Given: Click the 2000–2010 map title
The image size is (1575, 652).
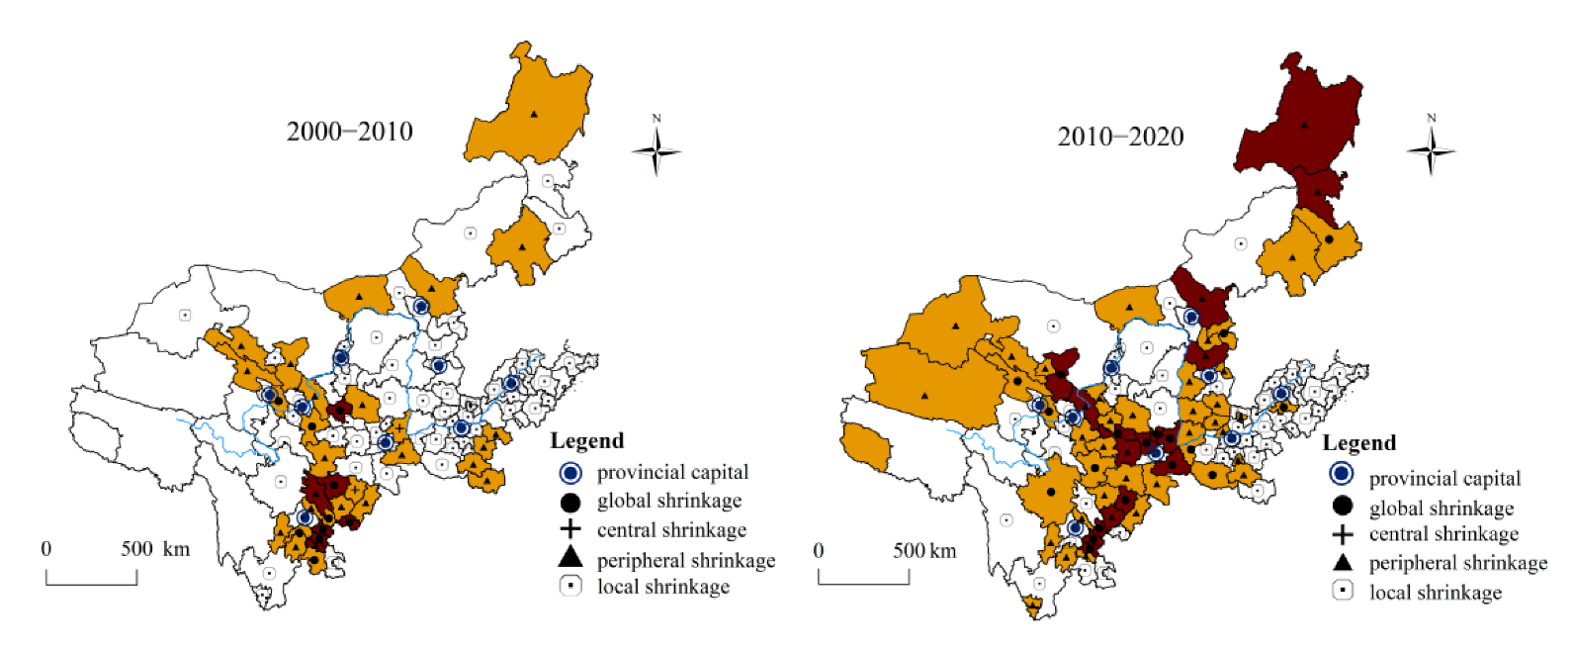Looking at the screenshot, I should (x=349, y=132).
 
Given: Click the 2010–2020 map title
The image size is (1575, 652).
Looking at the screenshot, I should (x=1120, y=137).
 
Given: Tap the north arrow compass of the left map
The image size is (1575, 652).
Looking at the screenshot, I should (x=656, y=150).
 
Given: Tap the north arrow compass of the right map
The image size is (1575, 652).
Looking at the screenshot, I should (x=1431, y=150).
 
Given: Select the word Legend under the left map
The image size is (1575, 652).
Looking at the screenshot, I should (x=587, y=441).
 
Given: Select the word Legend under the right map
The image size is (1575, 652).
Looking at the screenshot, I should (x=1359, y=443).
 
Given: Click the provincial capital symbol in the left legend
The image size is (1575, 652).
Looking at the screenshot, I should (x=570, y=472).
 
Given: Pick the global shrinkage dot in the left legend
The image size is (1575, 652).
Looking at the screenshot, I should (x=570, y=501).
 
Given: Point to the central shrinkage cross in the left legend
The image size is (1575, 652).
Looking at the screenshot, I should (x=570, y=529).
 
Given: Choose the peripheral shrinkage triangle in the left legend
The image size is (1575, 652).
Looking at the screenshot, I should (x=570, y=558).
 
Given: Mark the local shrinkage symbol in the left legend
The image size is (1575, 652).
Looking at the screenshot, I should (x=570, y=586).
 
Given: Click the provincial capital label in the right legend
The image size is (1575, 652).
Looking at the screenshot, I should (x=1444, y=479).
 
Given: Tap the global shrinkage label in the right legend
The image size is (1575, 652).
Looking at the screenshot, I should (x=1441, y=509).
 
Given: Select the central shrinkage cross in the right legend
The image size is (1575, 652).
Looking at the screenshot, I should (x=1342, y=535).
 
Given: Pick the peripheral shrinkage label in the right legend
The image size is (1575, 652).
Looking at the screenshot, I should (x=1457, y=563).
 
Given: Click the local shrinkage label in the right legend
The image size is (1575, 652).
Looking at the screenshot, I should (x=1435, y=593).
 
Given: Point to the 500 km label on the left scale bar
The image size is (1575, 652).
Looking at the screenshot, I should (x=155, y=549).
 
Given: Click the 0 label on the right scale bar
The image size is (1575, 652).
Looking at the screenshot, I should (x=818, y=550).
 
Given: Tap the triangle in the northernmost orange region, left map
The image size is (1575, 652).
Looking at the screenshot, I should (x=534, y=114).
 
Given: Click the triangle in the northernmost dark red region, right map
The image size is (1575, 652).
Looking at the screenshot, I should (x=1305, y=125).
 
